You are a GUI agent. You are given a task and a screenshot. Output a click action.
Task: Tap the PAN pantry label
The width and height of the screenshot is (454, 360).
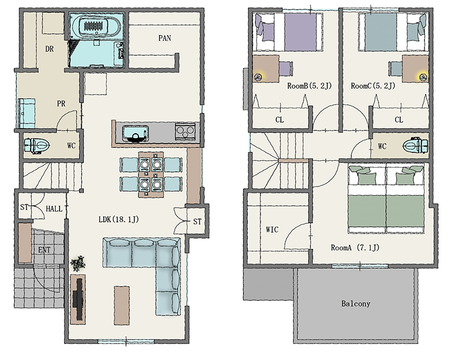(x=165, y=38)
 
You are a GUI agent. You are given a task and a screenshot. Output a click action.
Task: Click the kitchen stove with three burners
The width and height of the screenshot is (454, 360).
(x=186, y=132)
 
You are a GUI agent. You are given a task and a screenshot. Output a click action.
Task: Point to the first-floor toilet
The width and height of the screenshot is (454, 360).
(x=37, y=146)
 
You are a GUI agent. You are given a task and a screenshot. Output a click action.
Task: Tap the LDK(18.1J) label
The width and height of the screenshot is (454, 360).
(x=119, y=219)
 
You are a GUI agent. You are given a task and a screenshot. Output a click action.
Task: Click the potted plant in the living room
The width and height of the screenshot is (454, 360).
(x=78, y=263)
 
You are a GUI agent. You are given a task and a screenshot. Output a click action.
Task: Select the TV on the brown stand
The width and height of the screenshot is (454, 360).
(x=79, y=299)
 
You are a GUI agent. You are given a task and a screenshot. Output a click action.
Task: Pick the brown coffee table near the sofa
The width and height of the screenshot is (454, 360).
(x=121, y=306)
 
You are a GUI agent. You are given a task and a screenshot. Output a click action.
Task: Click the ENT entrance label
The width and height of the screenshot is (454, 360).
(x=44, y=250)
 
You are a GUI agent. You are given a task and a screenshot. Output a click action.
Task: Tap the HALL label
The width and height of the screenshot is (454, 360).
(x=54, y=209)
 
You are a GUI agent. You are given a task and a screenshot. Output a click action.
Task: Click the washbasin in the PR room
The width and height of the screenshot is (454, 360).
(x=27, y=113)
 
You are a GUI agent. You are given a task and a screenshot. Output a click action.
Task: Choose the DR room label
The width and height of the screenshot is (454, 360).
(x=49, y=49)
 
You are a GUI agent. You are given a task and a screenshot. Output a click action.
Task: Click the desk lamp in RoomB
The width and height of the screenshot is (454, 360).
(x=258, y=77)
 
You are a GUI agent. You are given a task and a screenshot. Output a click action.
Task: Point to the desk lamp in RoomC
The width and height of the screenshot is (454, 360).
(x=423, y=77)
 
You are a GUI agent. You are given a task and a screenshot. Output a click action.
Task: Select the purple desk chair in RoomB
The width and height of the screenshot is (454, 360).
(x=286, y=69)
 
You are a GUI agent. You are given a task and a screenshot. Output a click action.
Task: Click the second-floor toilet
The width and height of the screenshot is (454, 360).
(x=415, y=146)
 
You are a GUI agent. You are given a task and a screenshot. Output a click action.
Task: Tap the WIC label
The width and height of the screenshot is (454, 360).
(x=272, y=230)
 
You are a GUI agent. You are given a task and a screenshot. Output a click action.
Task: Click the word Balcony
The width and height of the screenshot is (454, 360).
(x=356, y=304)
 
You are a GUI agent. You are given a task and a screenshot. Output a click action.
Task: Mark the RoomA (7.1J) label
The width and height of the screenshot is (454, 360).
(x=355, y=248)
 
